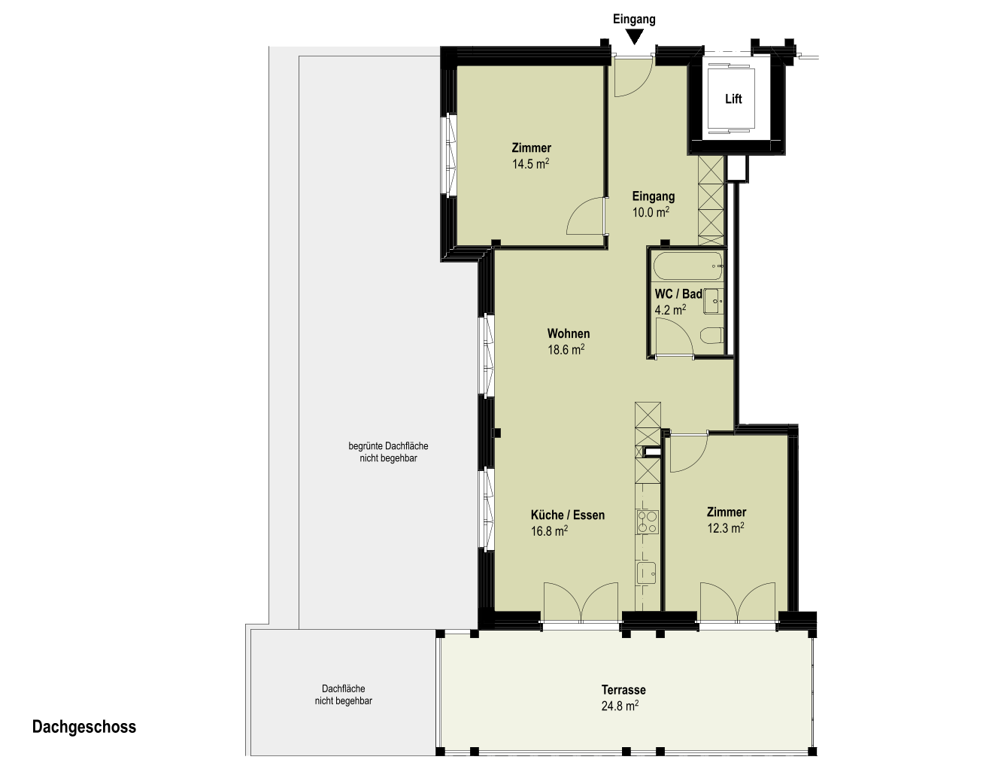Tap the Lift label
click(733, 99)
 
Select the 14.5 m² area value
click(531, 164)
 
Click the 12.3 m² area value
click(726, 528)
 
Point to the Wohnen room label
click(569, 333)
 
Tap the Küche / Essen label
click(568, 515)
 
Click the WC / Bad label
click(678, 293)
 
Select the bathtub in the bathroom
click(688, 266)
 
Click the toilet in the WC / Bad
click(713, 336)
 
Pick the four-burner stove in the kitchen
click(647, 522)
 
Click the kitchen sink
click(646, 573)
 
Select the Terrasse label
click(623, 690)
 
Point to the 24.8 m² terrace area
click(620, 706)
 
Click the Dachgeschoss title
click(84, 727)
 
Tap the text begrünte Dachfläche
click(388, 446)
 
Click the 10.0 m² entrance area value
click(651, 212)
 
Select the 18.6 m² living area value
click(566, 350)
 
